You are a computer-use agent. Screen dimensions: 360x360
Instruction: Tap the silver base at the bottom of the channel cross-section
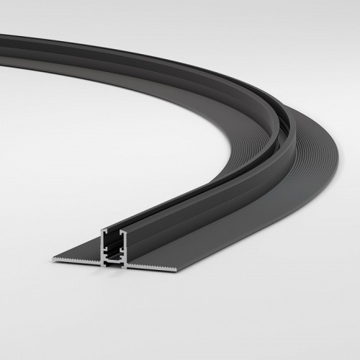click(114, 264)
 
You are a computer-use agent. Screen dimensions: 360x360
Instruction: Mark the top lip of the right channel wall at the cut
click(124, 231)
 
